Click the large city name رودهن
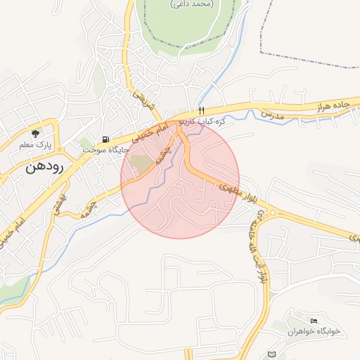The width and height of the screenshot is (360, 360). click(x=44, y=167)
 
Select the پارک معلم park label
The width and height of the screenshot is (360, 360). click(x=36, y=145)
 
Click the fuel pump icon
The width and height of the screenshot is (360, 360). click(x=105, y=139)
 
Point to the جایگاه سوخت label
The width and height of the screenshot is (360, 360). click(x=104, y=150)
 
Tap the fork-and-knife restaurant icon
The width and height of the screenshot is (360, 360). click(x=201, y=110)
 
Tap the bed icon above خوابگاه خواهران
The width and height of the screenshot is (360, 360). click(x=314, y=321)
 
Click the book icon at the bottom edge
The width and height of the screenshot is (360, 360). click(x=272, y=354)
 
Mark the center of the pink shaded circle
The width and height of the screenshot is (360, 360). click(x=180, y=179)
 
